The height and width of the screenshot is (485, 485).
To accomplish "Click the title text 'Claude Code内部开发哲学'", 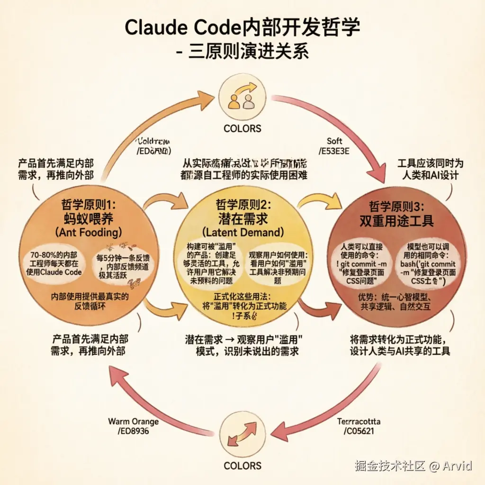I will click(242, 28).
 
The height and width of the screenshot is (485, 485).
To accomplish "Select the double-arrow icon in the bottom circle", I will click(242, 435).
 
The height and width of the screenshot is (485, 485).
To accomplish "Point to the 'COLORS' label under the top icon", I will click(242, 128).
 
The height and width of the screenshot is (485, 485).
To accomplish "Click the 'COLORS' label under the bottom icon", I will click(242, 466).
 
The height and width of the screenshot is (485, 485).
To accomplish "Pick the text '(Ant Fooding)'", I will click(88, 232).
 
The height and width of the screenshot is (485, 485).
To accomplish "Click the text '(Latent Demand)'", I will click(242, 232).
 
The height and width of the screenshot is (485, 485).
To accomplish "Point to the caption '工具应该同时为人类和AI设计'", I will click(431, 170).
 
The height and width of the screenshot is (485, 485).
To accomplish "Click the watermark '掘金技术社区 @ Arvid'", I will click(413, 466).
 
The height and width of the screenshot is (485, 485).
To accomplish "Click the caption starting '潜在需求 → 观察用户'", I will click(243, 346).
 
